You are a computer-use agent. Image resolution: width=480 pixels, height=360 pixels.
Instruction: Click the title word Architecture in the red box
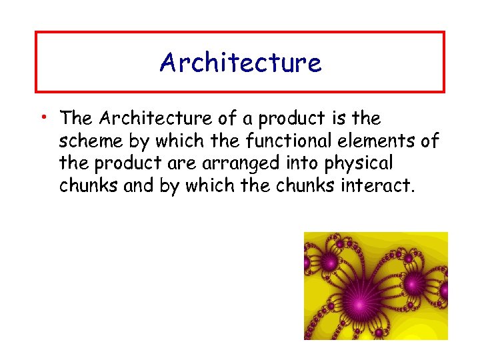(x=240, y=63)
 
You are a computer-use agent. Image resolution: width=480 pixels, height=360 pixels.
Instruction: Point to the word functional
(x=319, y=141)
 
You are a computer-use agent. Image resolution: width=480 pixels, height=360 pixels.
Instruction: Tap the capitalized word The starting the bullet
(x=76, y=119)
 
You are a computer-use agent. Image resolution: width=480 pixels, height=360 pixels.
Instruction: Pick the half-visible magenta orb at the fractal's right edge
(x=445, y=291)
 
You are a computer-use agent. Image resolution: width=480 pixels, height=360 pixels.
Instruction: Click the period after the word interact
(x=412, y=191)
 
